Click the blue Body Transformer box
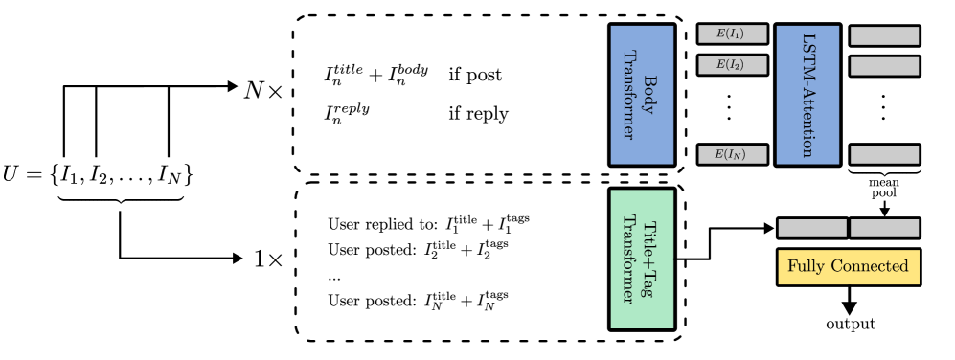pos(642,95)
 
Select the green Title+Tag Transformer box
pos(642,259)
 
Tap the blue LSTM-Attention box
pos(807,95)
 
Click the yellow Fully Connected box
pos(848,266)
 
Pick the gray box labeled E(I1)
pos(733,34)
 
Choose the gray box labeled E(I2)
pos(733,65)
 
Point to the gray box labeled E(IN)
pos(733,154)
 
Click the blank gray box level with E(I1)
pos(884,35)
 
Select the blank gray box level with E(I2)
pos(884,66)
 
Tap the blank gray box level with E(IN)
pos(884,154)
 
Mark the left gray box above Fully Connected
pos(812,228)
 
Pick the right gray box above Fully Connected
pos(884,228)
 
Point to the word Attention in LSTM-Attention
pos(807,121)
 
